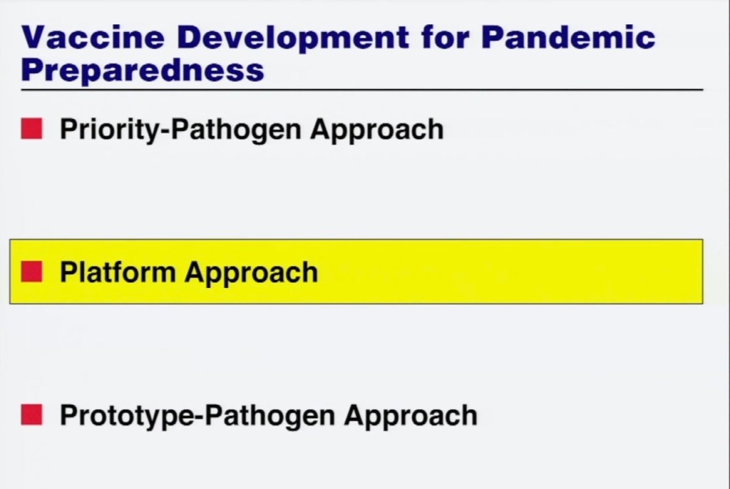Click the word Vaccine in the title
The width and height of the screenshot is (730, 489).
coord(93,37)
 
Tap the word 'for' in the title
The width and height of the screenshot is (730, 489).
coord(446,37)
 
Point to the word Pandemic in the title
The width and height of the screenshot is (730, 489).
coord(568,37)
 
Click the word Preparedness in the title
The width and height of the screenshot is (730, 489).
coord(143,70)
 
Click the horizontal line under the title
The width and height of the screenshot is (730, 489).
coord(361,89)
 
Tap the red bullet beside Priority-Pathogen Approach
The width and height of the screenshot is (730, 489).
coord(31,128)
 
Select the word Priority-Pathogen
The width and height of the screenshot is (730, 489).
coord(180,130)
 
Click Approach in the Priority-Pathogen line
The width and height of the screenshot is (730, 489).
coord(377,130)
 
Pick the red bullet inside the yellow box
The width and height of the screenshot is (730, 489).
coord(31,272)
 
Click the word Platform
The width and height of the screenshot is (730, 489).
coord(118,272)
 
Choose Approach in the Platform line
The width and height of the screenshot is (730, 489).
coord(252,273)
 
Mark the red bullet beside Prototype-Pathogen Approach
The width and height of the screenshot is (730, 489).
coord(31,414)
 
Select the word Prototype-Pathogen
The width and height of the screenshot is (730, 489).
coord(197,416)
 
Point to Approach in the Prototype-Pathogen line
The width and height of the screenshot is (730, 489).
coord(411,416)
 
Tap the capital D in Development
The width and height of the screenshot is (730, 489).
coord(190,37)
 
